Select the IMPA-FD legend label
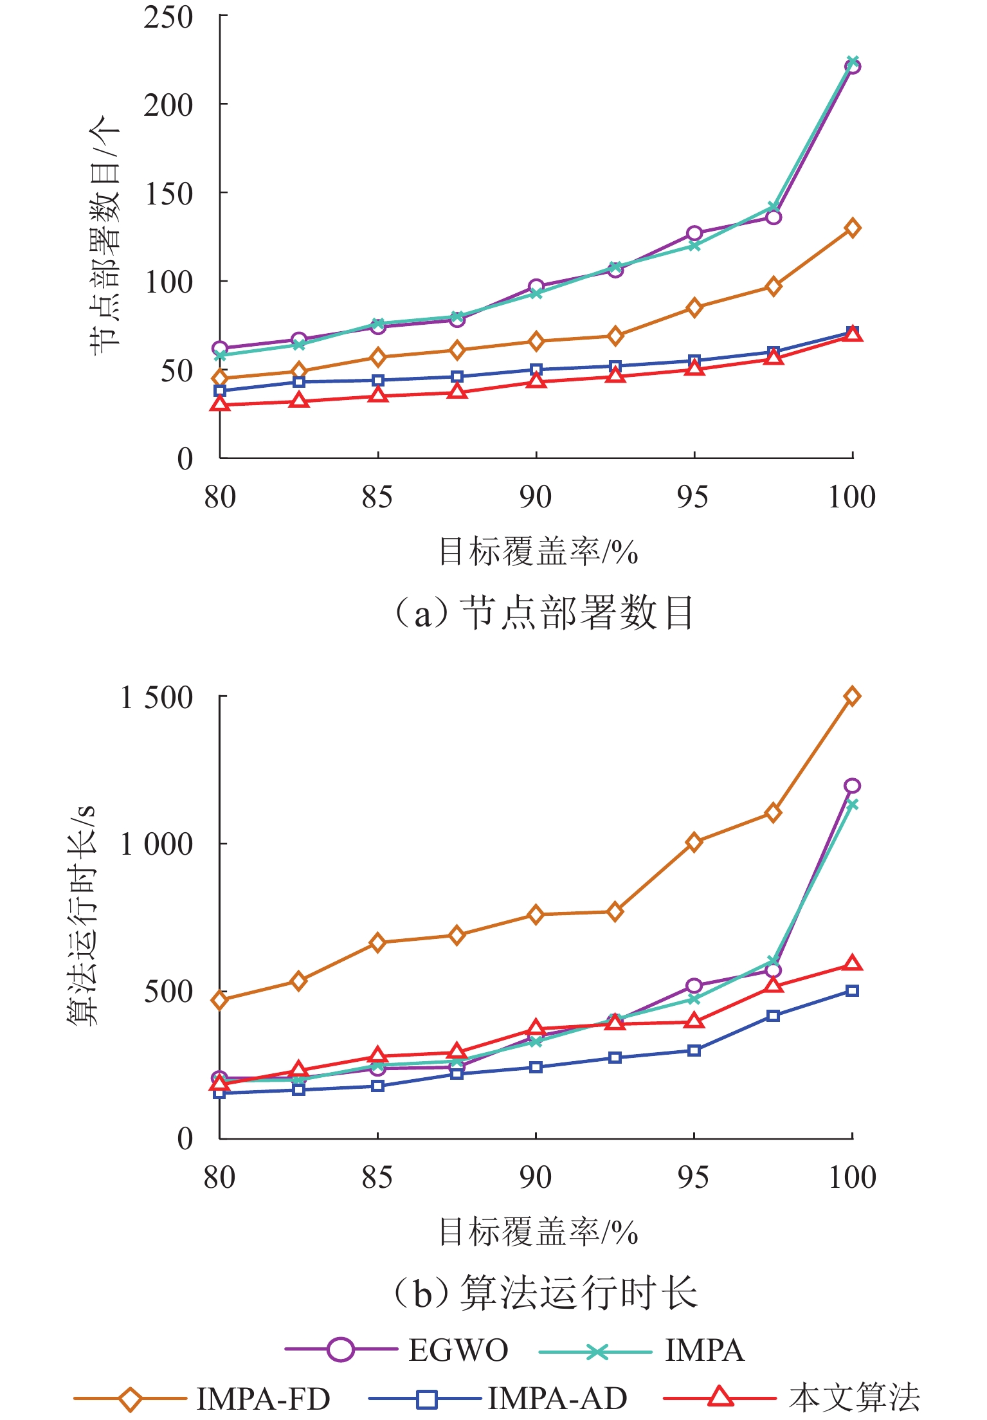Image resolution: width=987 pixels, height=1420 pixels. coord(263,1398)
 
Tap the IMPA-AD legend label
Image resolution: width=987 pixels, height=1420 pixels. coord(557,1398)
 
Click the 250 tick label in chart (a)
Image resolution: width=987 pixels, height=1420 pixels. coord(168,17)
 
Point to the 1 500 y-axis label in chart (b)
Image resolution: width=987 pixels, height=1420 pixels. coord(157,697)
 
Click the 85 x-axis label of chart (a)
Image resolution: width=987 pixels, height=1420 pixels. coord(377,497)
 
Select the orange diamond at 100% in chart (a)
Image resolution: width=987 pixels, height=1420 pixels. coord(852,228)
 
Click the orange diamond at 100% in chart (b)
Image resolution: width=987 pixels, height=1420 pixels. coord(852,696)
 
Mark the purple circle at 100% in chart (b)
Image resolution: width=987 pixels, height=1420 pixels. coord(852,786)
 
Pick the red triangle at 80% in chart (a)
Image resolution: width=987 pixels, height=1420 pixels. coord(220,404)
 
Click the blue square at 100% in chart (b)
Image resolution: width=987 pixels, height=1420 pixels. coord(852,991)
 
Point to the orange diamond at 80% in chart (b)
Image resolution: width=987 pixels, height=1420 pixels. coord(220,1000)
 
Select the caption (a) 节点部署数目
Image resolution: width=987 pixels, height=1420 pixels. coord(543,612)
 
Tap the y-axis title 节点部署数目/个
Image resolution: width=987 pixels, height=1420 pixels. coord(104,235)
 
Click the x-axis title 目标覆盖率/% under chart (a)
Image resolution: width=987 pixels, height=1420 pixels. coord(538,552)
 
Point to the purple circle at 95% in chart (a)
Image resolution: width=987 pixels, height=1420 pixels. coord(694,233)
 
